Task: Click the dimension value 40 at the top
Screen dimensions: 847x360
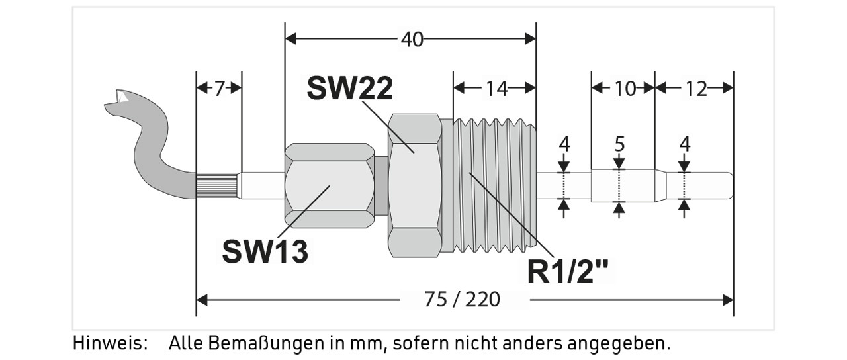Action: (412, 39)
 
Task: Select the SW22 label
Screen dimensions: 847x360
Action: (350, 89)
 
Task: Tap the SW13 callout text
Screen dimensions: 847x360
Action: (265, 251)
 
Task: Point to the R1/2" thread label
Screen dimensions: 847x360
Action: (568, 271)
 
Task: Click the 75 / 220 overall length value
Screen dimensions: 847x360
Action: (462, 300)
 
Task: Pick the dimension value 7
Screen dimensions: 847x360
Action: (219, 89)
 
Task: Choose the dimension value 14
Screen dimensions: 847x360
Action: (496, 89)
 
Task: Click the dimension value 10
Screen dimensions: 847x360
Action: (625, 89)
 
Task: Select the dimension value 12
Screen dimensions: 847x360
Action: (696, 89)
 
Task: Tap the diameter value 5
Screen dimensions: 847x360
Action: (619, 144)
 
